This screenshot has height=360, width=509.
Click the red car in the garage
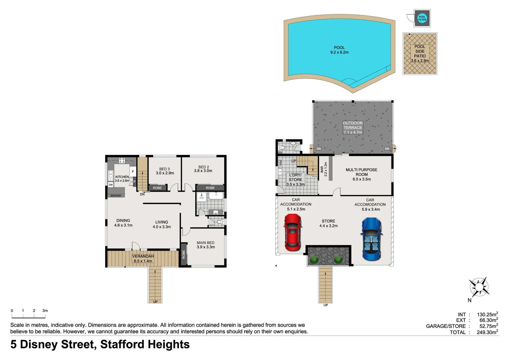click(293, 232)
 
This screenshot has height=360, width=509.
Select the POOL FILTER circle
click(422, 18)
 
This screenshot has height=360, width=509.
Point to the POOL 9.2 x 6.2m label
click(339, 50)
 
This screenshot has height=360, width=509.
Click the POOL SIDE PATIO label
click(420, 54)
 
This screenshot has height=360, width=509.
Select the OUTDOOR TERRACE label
click(353, 128)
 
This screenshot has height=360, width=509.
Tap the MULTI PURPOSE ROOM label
click(361, 174)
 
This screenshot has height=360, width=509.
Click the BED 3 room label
click(165, 171)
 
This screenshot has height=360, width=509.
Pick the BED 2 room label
click(203, 169)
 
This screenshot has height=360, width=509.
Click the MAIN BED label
click(206, 245)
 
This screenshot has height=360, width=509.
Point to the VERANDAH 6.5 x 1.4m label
click(143, 259)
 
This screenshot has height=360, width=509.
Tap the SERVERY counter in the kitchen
click(116, 195)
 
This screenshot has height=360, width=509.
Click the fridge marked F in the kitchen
click(133, 172)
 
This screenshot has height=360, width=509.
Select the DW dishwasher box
click(111, 185)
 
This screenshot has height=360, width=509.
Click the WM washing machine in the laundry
click(280, 163)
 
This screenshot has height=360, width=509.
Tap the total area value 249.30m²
click(487, 332)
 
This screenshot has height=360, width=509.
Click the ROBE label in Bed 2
click(210, 188)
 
